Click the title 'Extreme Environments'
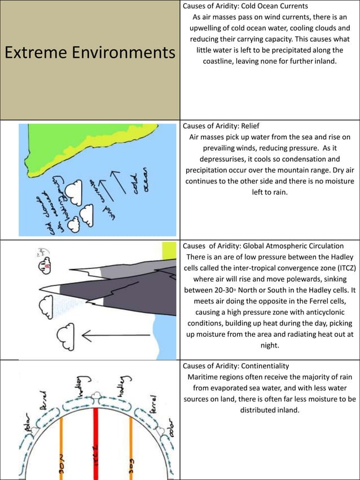pyautogui.click(x=90, y=53)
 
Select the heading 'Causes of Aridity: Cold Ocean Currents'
pyautogui.click(x=245, y=6)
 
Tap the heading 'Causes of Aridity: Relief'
pyautogui.click(x=221, y=126)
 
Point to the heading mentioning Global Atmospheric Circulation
pyautogui.click(x=263, y=246)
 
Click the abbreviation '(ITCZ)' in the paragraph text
pyautogui.click(x=341, y=268)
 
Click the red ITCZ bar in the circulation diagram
pyautogui.click(x=96, y=440)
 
